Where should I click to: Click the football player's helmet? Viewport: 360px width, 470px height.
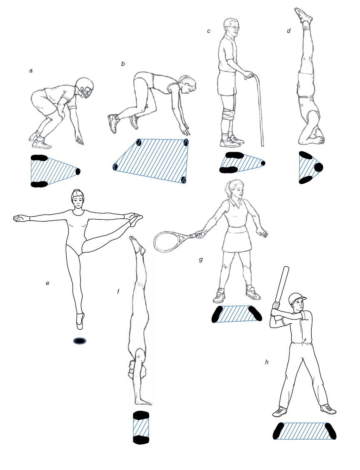point(85,87)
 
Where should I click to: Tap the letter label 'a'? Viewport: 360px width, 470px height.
point(30,71)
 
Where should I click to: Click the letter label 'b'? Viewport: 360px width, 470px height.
point(123,64)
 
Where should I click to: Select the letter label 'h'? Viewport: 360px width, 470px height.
point(267,362)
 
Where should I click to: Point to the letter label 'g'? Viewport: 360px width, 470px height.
point(201,260)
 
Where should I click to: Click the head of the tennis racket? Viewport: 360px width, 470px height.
point(165,242)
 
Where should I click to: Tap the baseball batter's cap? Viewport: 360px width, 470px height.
point(297,298)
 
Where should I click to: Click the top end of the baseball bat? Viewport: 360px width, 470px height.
point(287,267)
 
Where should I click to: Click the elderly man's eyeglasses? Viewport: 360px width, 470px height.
point(233,27)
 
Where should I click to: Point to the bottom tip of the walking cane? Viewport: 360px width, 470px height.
point(262,146)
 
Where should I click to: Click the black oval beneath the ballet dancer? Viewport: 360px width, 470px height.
point(80,341)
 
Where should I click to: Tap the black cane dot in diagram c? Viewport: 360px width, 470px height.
point(263,163)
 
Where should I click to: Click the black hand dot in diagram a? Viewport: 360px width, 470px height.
point(78,171)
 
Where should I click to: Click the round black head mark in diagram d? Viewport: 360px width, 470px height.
point(318,167)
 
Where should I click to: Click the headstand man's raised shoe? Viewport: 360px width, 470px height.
point(303,15)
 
